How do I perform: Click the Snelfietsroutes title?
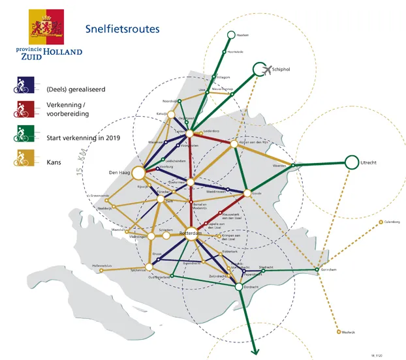[x=122, y=29]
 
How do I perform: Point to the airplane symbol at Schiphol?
[x=267, y=69]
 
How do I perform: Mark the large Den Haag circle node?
[x=138, y=173]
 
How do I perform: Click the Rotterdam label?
[x=189, y=232]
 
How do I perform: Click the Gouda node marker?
[x=247, y=193]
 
